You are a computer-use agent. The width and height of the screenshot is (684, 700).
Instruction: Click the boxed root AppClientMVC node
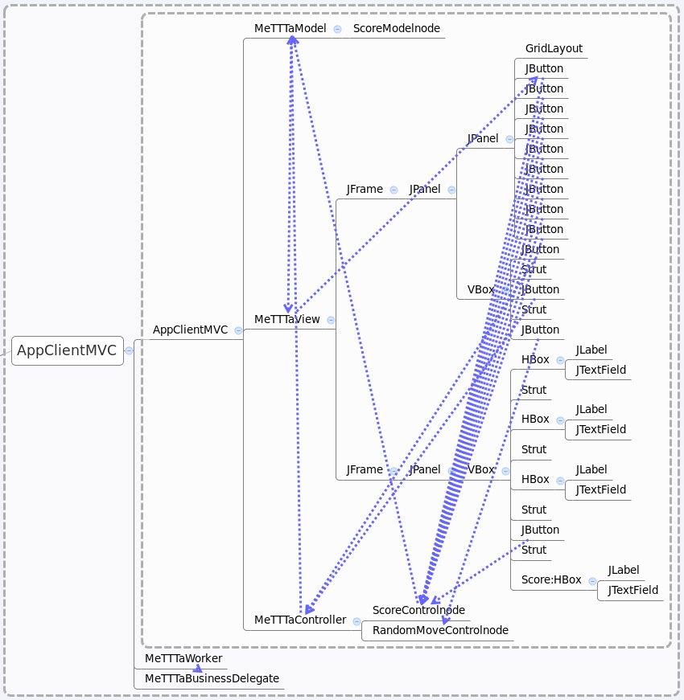[67, 350]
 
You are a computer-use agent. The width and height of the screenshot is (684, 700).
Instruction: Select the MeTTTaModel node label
[290, 28]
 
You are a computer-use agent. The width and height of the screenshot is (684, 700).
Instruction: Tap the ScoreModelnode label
[397, 28]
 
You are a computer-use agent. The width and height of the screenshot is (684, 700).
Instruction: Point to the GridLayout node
[554, 48]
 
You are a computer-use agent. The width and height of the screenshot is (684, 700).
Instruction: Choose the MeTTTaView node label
[287, 319]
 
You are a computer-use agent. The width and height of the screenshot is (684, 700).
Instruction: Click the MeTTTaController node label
[300, 620]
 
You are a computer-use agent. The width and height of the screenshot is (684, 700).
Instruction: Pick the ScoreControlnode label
[418, 610]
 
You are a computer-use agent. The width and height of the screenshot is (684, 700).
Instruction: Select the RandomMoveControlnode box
[440, 630]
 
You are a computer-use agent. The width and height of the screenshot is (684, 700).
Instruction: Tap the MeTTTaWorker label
[183, 658]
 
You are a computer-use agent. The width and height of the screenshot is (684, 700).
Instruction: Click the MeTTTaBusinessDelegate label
[212, 678]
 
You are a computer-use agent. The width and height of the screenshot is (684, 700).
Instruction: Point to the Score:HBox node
[551, 579]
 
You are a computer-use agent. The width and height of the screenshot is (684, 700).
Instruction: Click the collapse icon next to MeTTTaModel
[337, 28]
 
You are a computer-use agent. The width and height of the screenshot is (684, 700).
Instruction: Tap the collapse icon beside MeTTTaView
[331, 320]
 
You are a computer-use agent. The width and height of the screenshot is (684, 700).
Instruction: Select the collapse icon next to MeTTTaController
[356, 620]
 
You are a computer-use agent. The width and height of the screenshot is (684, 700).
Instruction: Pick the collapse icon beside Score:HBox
[592, 580]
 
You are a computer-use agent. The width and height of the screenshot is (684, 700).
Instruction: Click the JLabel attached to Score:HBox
[624, 570]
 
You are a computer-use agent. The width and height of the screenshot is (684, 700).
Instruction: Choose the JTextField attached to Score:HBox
[633, 590]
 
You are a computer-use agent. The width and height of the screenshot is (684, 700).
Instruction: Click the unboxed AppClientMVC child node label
[191, 330]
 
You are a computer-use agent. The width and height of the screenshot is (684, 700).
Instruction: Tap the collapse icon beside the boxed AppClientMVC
[129, 350]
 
